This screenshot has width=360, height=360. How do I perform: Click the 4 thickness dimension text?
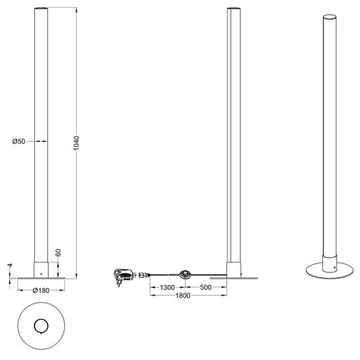10,266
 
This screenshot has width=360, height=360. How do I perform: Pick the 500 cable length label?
205,287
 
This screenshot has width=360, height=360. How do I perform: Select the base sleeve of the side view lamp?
232,269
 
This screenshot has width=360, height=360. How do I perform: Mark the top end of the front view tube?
39,9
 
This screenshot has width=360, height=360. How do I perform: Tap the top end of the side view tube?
232,9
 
